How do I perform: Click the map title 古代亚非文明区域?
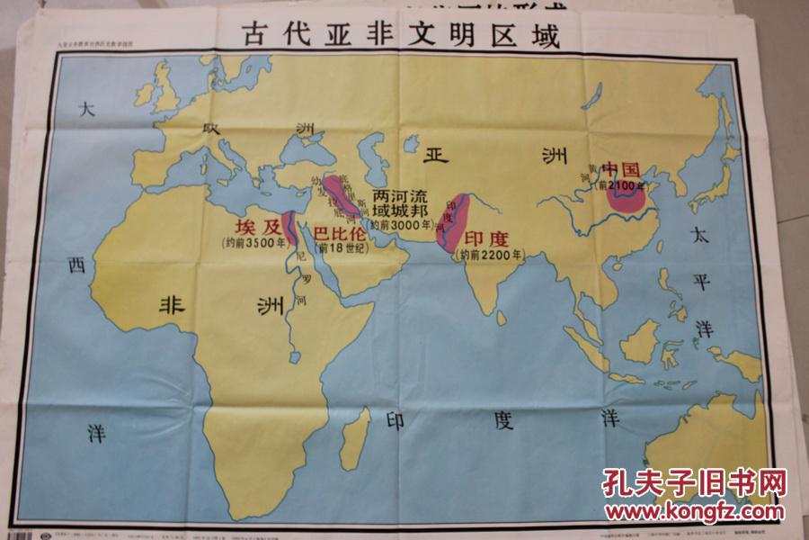point(400,35)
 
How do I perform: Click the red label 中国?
point(620,169)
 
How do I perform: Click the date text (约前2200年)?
point(490,255)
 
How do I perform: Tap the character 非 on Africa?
point(172,303)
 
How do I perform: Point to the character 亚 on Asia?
point(438,154)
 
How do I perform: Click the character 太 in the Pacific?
point(699,236)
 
